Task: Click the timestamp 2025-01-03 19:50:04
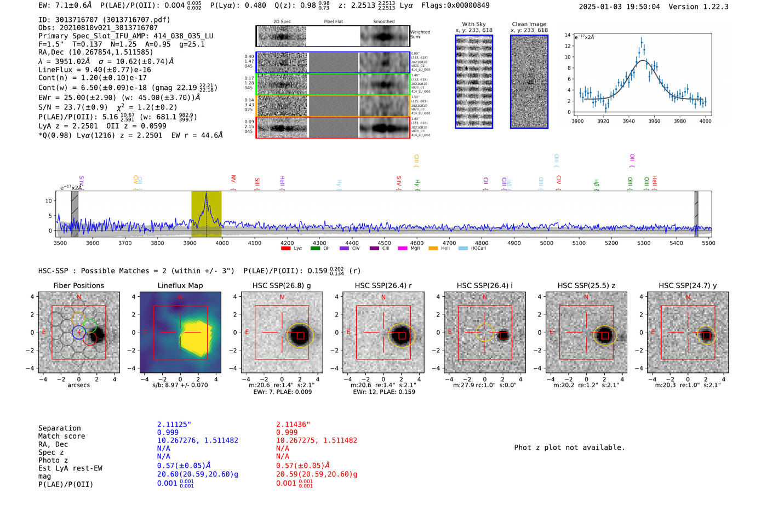619,7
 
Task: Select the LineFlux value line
94,70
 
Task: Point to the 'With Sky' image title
473,24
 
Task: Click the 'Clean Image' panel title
529,24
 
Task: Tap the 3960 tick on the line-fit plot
654,121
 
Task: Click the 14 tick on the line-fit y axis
568,35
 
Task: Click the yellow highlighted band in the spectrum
206,214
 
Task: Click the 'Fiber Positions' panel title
78,285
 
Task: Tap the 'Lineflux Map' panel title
180,285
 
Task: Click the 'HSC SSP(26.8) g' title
282,285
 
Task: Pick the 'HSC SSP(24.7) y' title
688,285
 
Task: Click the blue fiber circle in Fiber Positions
79,332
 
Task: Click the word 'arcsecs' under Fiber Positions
79,385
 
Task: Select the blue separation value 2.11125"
174,425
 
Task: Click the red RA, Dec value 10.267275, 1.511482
316,440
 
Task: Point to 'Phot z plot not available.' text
569,448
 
